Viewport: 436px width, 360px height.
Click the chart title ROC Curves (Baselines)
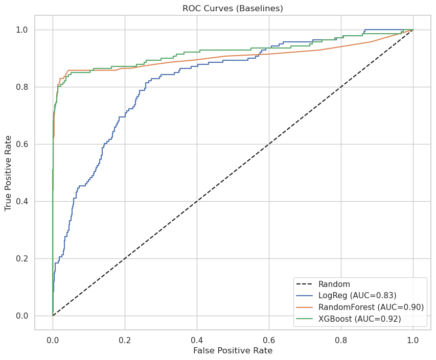click(233, 8)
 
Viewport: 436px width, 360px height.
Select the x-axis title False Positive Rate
click(233, 350)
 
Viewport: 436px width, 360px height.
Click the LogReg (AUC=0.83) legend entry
click(357, 295)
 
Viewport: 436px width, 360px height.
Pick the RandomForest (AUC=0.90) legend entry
click(371, 307)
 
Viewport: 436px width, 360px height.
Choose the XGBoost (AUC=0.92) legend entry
click(359, 319)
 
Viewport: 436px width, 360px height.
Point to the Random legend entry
click(334, 284)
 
